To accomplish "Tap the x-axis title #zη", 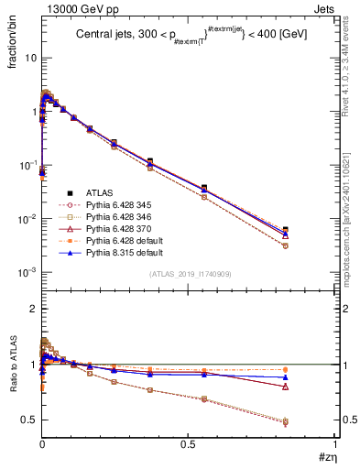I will coord(324,457).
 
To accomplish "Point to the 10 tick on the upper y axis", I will coord(29,58).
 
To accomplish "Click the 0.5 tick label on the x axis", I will coord(189,444).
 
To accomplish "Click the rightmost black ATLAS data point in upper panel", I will coord(311,230).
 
